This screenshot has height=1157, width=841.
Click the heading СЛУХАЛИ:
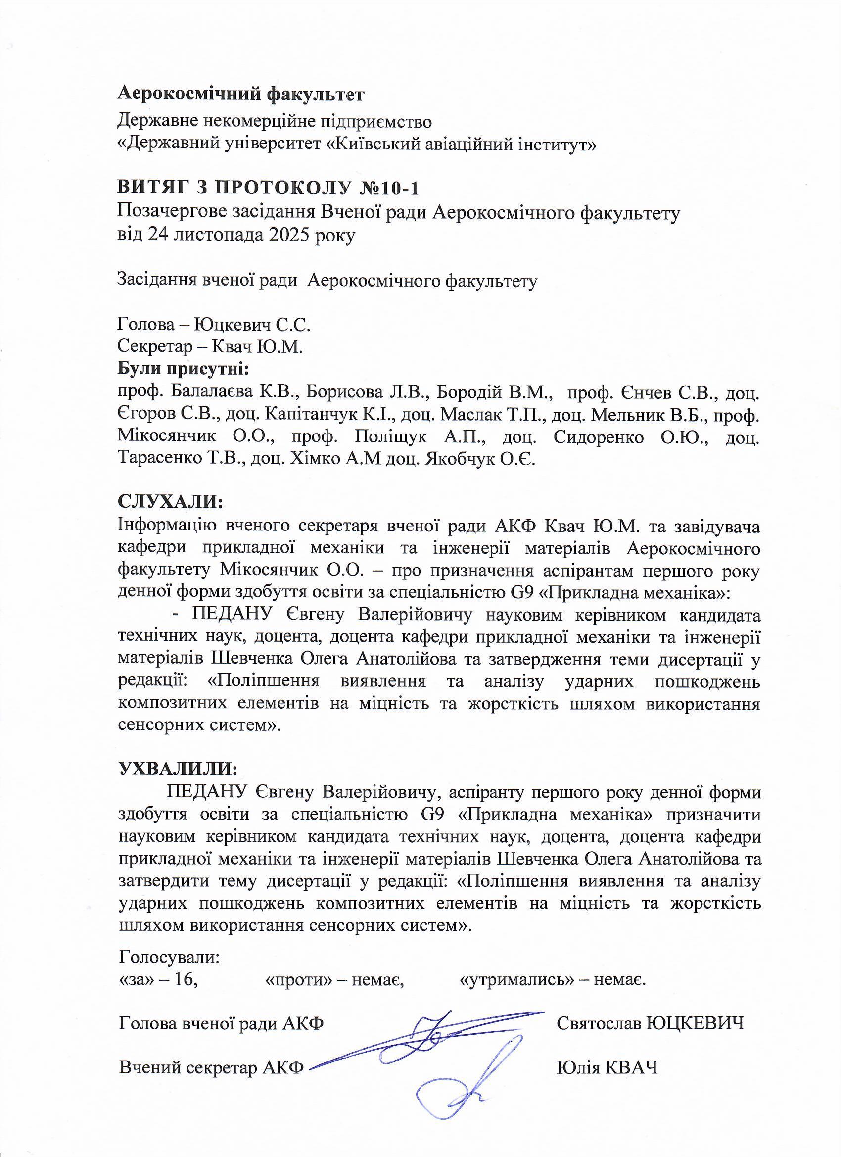pos(171,501)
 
